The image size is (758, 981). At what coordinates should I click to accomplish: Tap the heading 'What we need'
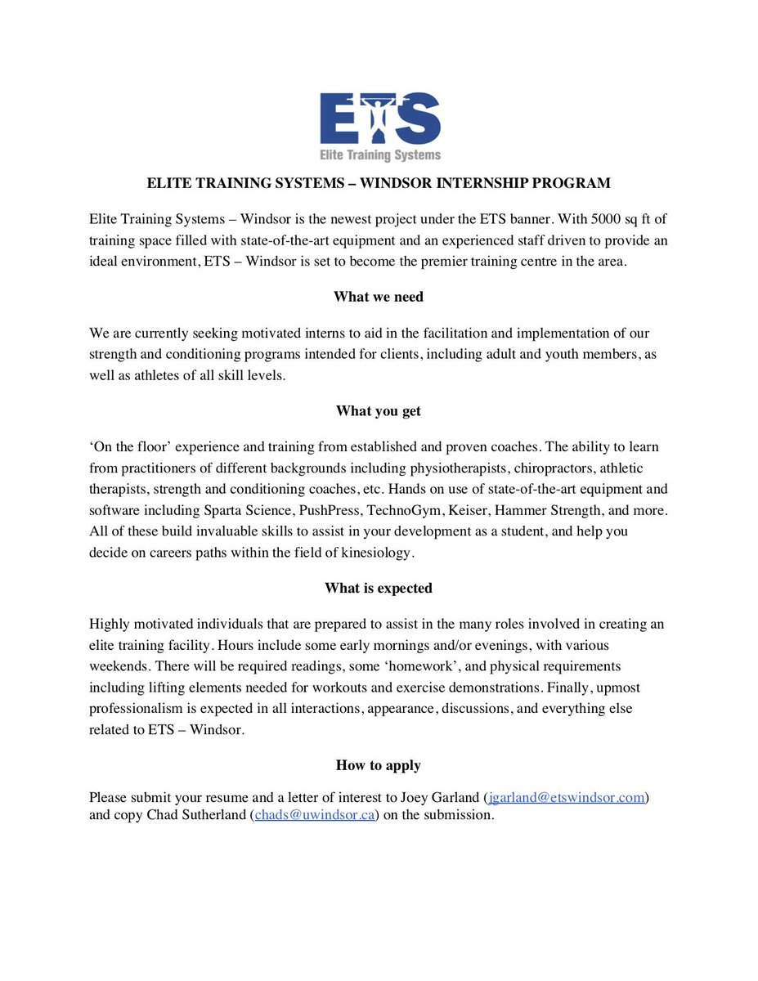[379, 297]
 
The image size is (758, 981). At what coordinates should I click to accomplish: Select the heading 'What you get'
[379, 410]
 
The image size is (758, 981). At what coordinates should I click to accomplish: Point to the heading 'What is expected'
[379, 588]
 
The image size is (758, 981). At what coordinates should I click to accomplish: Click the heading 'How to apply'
[379, 765]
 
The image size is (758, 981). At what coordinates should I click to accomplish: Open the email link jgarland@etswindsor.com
[567, 795]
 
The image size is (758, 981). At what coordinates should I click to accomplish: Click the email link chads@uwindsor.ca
[315, 815]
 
